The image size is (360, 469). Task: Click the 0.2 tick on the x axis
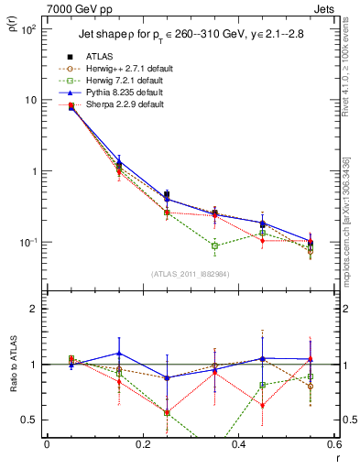(x=142, y=444)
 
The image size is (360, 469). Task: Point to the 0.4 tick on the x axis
(x=238, y=444)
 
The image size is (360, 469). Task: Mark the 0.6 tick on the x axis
(x=333, y=444)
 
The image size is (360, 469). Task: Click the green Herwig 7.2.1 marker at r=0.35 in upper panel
(x=214, y=245)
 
